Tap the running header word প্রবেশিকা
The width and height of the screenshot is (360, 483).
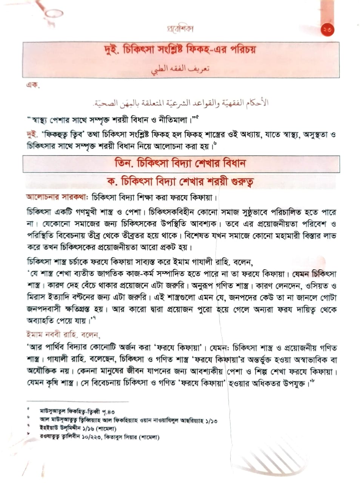[x=180, y=29]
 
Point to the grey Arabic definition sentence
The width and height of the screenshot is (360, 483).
[x=181, y=102]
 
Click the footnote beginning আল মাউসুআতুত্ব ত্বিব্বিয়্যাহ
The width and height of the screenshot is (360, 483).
[x=129, y=420]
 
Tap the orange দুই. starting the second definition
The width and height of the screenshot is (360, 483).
[x=32, y=135]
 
